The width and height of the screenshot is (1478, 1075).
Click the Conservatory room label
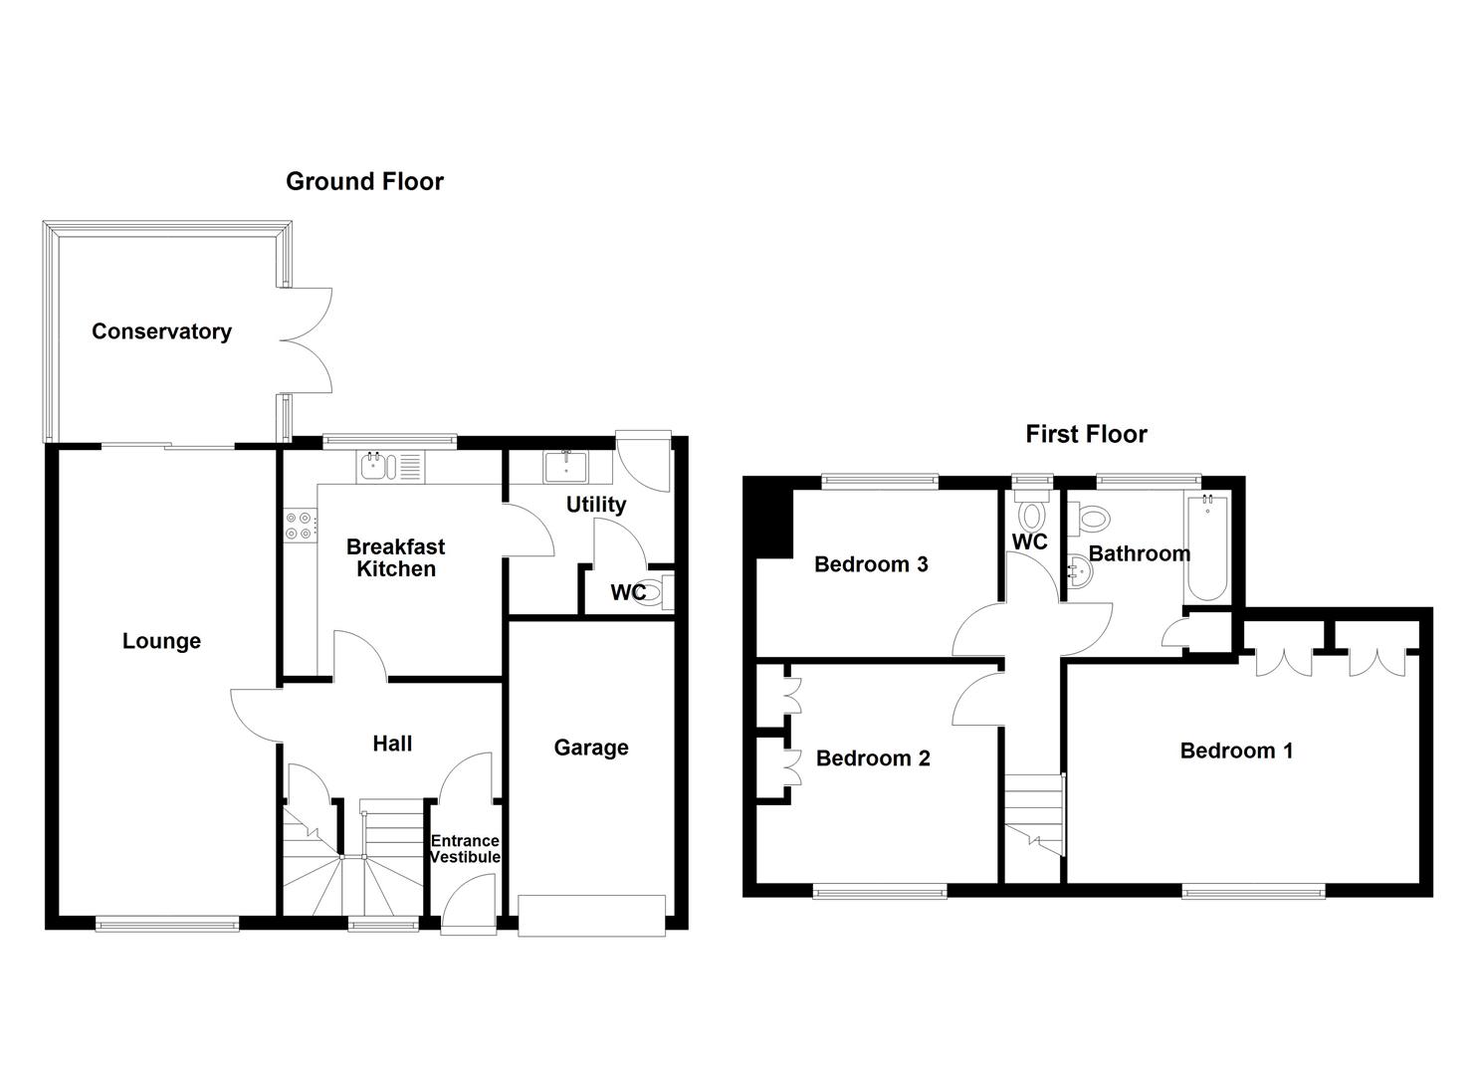click(x=161, y=331)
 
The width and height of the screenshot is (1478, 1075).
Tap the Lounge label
click(x=161, y=641)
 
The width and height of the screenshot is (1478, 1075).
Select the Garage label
click(x=591, y=748)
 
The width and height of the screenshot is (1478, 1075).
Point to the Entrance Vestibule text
click(x=465, y=849)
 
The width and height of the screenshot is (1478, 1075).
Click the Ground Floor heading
click(x=364, y=181)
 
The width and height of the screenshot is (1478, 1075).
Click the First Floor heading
click(x=1086, y=434)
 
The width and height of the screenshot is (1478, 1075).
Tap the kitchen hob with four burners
click(x=300, y=525)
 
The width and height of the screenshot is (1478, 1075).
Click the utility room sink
click(x=565, y=466)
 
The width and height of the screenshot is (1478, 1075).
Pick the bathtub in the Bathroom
click(x=1207, y=547)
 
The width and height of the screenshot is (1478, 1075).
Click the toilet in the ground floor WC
click(x=651, y=592)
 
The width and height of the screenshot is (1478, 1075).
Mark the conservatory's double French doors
click(x=307, y=340)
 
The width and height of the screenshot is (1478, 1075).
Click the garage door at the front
click(x=591, y=916)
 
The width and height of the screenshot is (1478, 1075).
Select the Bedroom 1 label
click(x=1236, y=751)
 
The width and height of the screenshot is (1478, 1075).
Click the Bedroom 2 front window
click(x=880, y=892)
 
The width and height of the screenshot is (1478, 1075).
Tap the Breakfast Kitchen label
click(x=395, y=557)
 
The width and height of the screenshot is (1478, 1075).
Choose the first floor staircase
click(x=1035, y=811)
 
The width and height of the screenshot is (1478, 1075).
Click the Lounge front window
click(x=167, y=924)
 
